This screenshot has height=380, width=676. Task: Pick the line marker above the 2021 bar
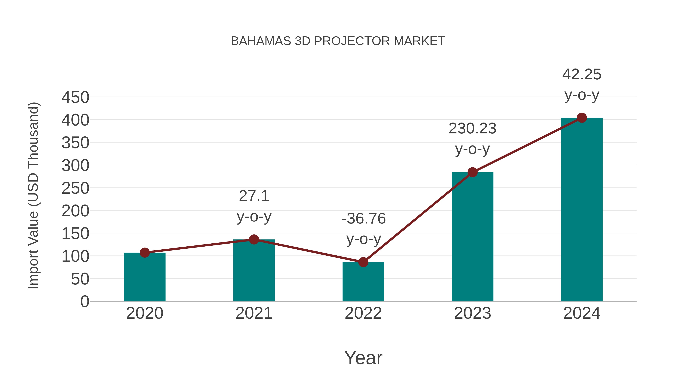coord(254,239)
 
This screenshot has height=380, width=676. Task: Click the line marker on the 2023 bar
coord(472,172)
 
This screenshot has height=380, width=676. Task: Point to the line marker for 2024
coord(582,118)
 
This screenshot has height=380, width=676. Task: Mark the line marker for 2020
coord(145,253)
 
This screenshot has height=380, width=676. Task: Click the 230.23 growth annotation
coord(472,129)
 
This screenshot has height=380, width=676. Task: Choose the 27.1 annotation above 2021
coord(254,196)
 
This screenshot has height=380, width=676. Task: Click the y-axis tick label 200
coord(75,211)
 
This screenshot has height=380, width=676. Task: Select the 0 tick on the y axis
coord(85,301)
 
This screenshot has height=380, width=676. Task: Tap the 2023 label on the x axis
coord(472,313)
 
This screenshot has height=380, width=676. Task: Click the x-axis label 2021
coord(254,313)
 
